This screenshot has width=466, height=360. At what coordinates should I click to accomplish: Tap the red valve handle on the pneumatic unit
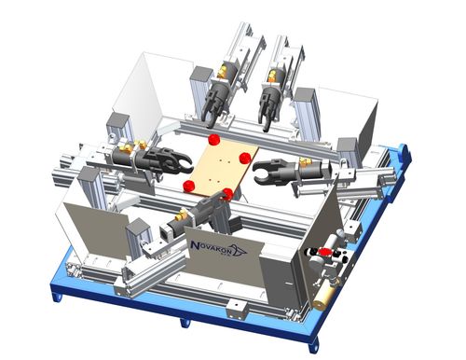tap(325, 252)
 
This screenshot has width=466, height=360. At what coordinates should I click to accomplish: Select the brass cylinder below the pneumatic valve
tap(323, 297)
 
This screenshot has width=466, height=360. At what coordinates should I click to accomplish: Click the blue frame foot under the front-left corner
tap(58, 297)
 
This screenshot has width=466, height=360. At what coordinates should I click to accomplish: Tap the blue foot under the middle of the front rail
tap(185, 323)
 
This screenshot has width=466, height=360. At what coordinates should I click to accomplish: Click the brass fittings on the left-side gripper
tap(133, 145)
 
